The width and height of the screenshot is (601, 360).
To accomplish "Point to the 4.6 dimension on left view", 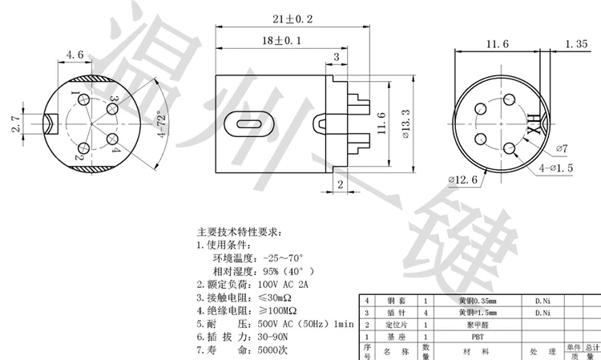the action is pos(75,55).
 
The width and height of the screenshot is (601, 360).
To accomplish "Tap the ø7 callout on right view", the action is pos(560,148).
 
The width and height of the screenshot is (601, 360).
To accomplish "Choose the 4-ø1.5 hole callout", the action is pos(557,168).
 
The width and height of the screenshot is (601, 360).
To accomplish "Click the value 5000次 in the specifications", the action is pos(275,350).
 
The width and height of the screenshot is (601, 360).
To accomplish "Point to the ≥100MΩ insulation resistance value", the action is pos(277,310).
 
